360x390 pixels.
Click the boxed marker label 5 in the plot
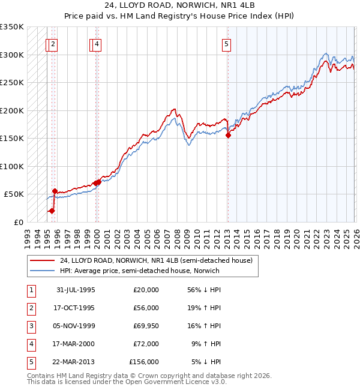pyautogui.click(x=227, y=43)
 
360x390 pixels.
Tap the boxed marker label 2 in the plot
pyautogui.click(x=53, y=43)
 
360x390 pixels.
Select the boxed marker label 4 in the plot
pyautogui.click(x=97, y=43)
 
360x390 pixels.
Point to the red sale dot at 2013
pyautogui.click(x=228, y=136)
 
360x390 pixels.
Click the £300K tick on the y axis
pyautogui.click(x=12, y=55)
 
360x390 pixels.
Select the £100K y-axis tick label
pyautogui.click(x=12, y=166)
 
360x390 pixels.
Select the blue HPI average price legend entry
pyautogui.click(x=139, y=271)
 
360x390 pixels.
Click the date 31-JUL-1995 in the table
pyautogui.click(x=76, y=290)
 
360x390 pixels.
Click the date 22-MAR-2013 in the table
pyautogui.click(x=75, y=362)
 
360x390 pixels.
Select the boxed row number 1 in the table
pyautogui.click(x=30, y=290)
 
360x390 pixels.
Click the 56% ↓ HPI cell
pyautogui.click(x=204, y=290)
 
